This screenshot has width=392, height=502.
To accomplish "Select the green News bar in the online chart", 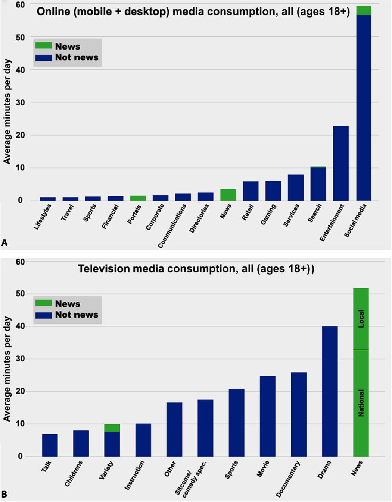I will pos(228,195).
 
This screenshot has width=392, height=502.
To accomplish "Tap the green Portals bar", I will pos(138,198).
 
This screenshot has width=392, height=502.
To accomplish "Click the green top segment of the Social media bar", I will pos(364,10).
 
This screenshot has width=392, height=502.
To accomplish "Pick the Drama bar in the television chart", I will pos(330,391).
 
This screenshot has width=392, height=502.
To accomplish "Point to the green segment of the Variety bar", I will pos(112,428).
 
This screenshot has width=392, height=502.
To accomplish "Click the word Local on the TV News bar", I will pos(361,319).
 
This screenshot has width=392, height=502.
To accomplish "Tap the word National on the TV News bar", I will pos(361,402).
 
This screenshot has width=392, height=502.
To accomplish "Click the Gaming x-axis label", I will pos(268,214).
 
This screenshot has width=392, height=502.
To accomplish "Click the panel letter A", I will pos(4,243).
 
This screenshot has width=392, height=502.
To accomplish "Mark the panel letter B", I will pos(4,495).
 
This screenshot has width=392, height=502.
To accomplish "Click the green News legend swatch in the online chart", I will pos(43,46).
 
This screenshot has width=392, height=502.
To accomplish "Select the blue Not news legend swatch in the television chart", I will pos(43,315).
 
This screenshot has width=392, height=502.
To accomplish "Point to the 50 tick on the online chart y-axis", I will pos(20,37).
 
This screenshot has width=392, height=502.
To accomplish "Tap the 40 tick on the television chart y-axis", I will pos(20,326).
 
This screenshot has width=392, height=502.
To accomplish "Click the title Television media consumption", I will pos(196,269).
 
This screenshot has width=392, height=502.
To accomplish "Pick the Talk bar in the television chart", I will pos(50,445).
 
